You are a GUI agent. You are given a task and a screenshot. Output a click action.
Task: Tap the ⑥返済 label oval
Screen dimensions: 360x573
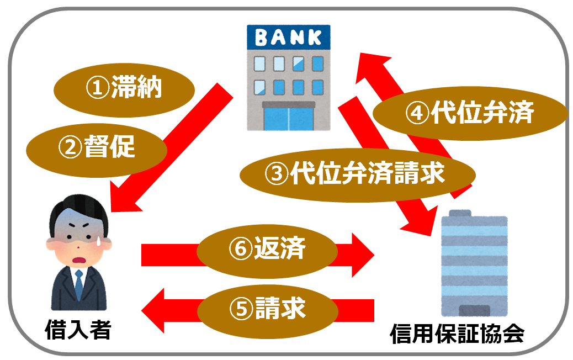pyautogui.click(x=267, y=250)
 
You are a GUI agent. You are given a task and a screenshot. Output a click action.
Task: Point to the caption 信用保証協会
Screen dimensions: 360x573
pyautogui.click(x=457, y=335)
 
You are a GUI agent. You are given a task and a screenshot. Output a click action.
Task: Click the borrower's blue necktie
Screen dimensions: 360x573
pyautogui.click(x=79, y=284)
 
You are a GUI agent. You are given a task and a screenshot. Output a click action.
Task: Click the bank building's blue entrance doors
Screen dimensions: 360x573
pyautogui.click(x=288, y=117)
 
